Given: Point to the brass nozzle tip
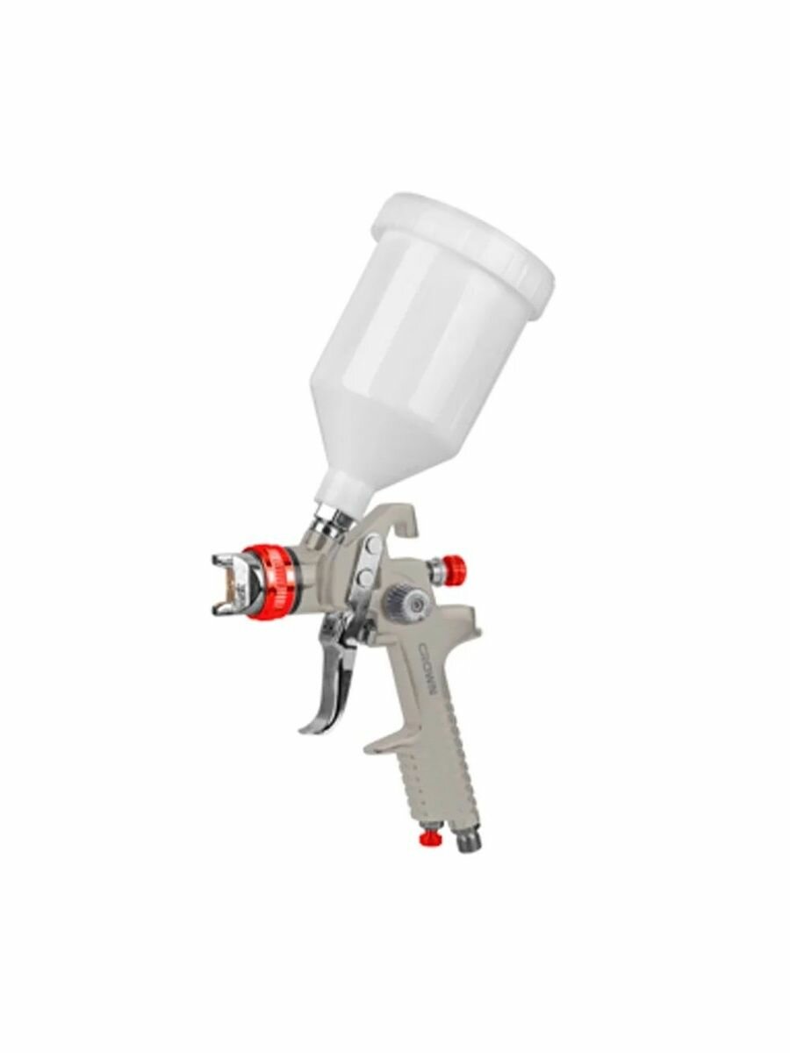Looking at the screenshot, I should tap(235, 581).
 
